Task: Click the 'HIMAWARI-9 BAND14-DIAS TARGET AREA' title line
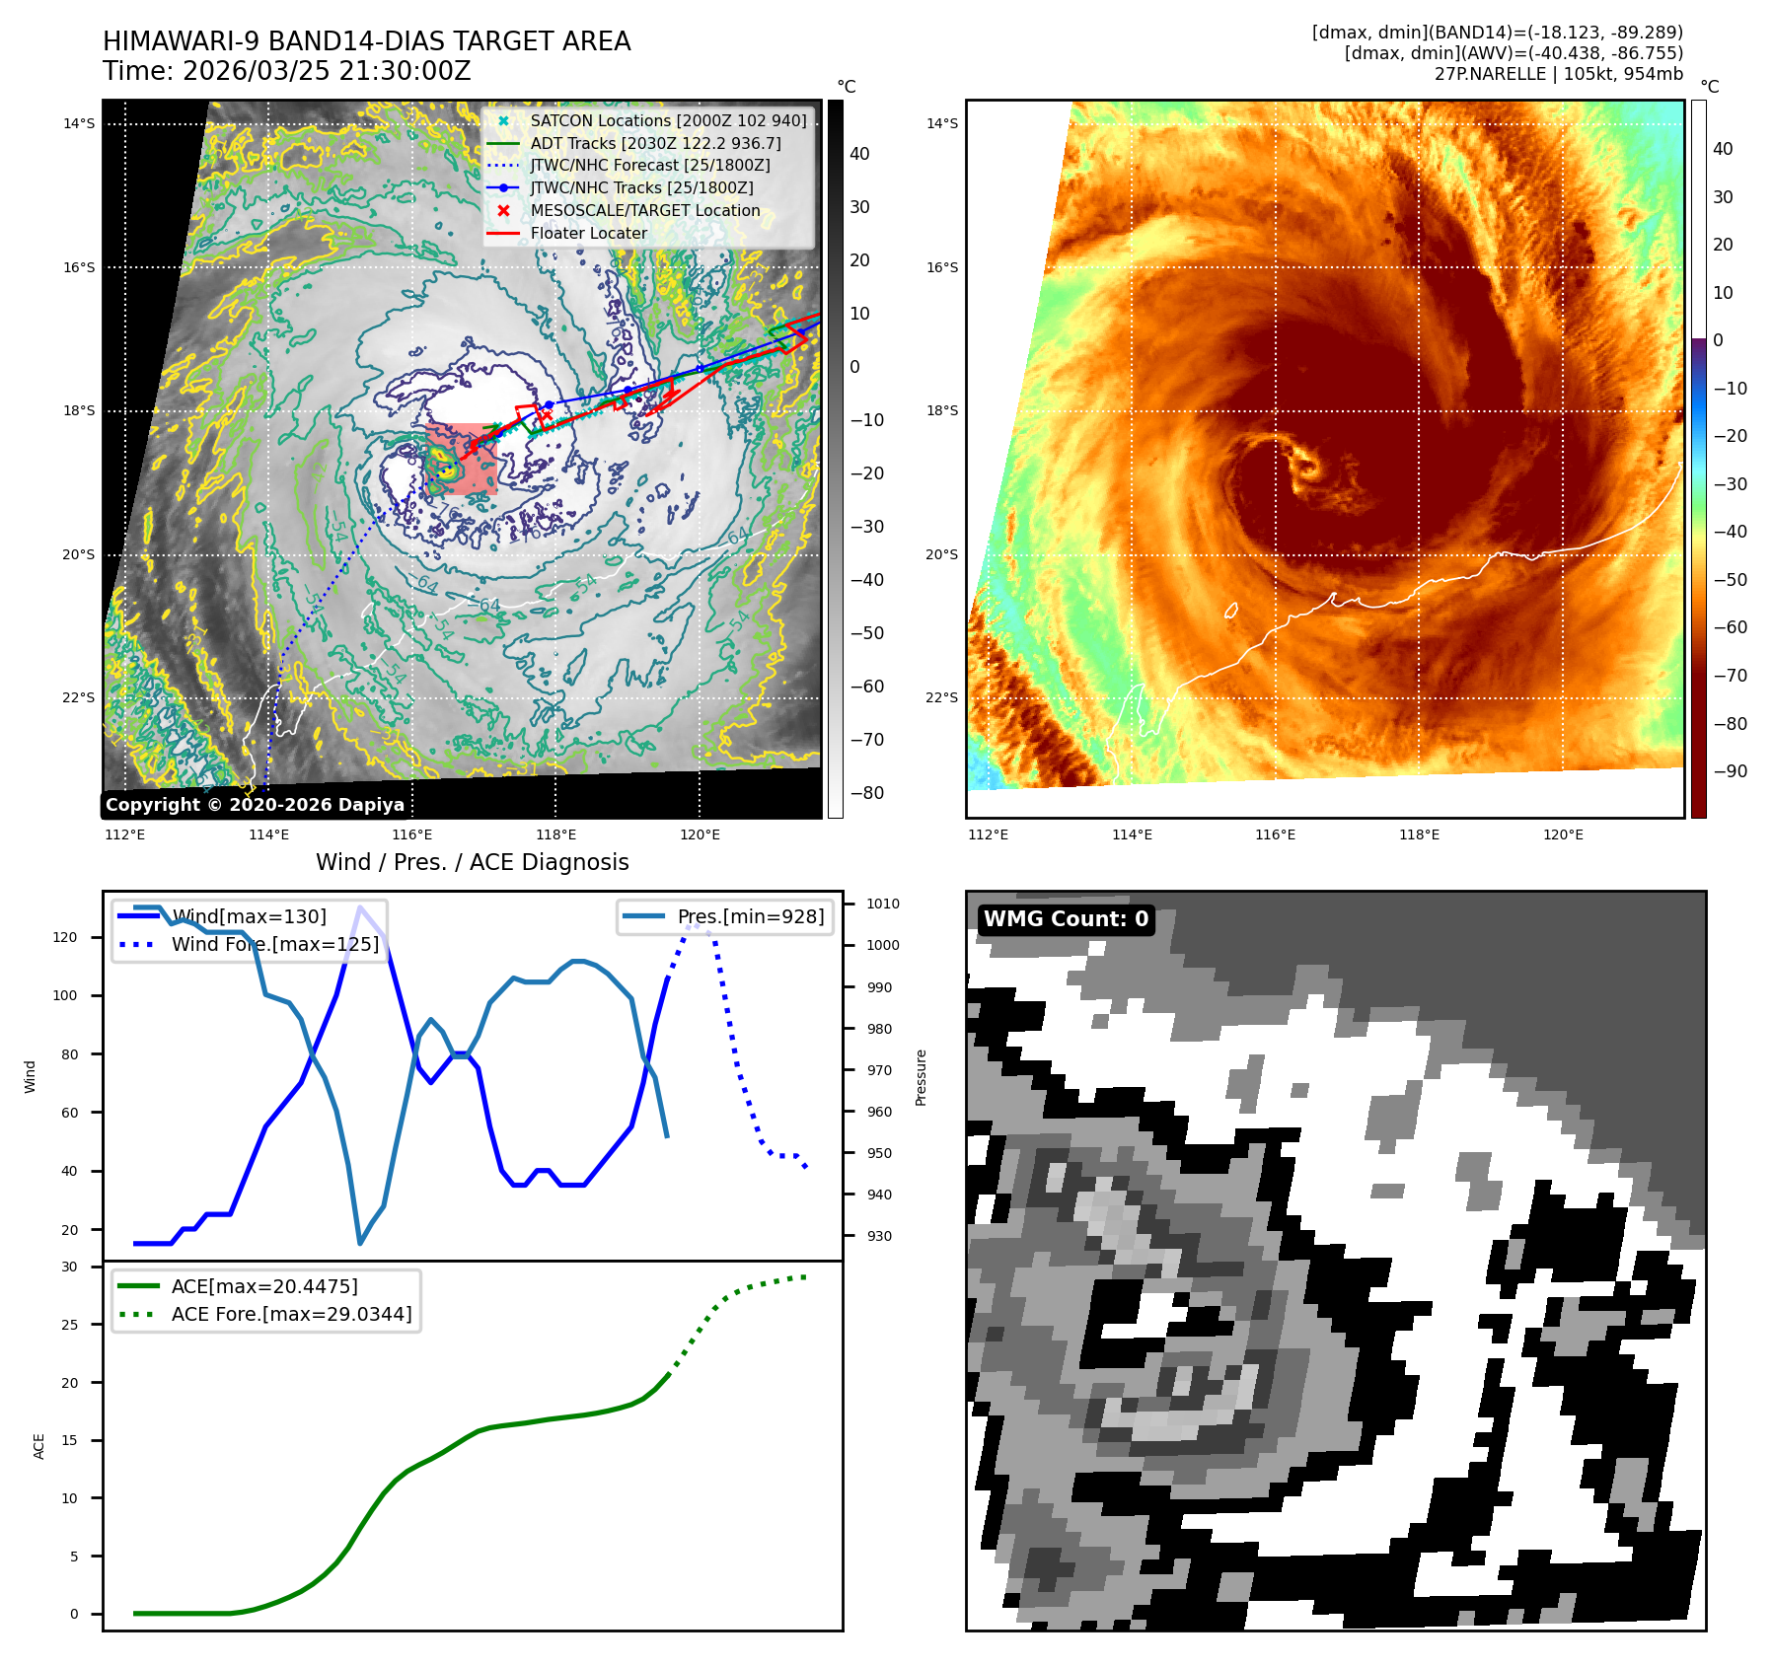[366, 41]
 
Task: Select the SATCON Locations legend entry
[667, 120]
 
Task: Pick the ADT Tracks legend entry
[654, 143]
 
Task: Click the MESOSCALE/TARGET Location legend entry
[644, 210]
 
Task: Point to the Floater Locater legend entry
[588, 233]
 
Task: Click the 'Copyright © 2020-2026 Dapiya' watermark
[255, 805]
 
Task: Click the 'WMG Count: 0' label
[1066, 919]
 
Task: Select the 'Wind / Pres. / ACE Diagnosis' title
[472, 862]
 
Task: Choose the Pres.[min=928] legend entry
[750, 916]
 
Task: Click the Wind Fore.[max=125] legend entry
[274, 944]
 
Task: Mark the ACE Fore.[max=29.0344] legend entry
[291, 1314]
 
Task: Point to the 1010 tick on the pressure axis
[883, 904]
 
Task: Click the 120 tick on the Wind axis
[65, 937]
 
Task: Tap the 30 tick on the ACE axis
[69, 1267]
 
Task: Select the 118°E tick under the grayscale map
[555, 834]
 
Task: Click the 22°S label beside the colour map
[942, 697]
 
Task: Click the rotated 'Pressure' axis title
[921, 1077]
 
